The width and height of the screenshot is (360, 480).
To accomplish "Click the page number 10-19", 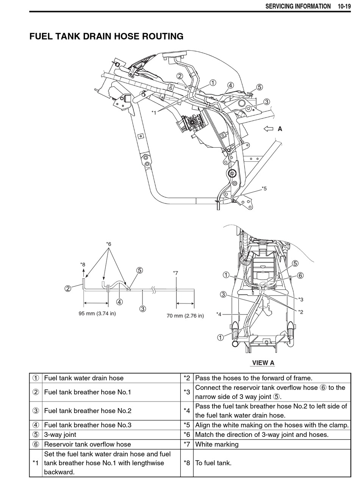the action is (344, 6).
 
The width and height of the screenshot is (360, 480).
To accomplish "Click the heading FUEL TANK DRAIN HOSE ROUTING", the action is (106, 36).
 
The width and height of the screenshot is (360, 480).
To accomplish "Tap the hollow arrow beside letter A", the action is (268, 129).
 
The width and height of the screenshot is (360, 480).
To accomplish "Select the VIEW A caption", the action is (263, 363).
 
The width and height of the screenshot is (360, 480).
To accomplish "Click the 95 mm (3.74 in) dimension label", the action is (97, 314).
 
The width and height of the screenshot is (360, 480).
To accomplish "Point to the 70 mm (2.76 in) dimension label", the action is (185, 316).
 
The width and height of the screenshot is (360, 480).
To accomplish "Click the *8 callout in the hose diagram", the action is (83, 264).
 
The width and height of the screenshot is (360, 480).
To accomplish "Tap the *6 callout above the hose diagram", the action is (109, 244).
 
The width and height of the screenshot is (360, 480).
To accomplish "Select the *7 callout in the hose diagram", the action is (175, 273).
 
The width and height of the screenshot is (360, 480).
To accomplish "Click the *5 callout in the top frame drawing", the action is (264, 189).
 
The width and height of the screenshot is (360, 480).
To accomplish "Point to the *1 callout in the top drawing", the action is (154, 113).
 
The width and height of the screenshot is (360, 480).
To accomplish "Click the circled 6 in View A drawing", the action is (300, 275).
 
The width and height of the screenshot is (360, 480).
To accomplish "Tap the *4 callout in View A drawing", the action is (219, 314).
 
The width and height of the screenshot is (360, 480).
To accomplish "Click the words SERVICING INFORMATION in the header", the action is (298, 6).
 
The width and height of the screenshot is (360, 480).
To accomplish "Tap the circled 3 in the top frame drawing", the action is (266, 102).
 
